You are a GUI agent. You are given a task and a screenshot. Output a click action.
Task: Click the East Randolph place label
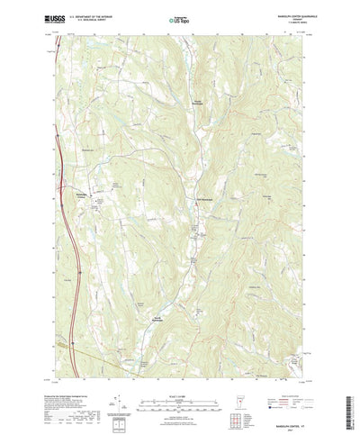pyautogui.click(x=205, y=199)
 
